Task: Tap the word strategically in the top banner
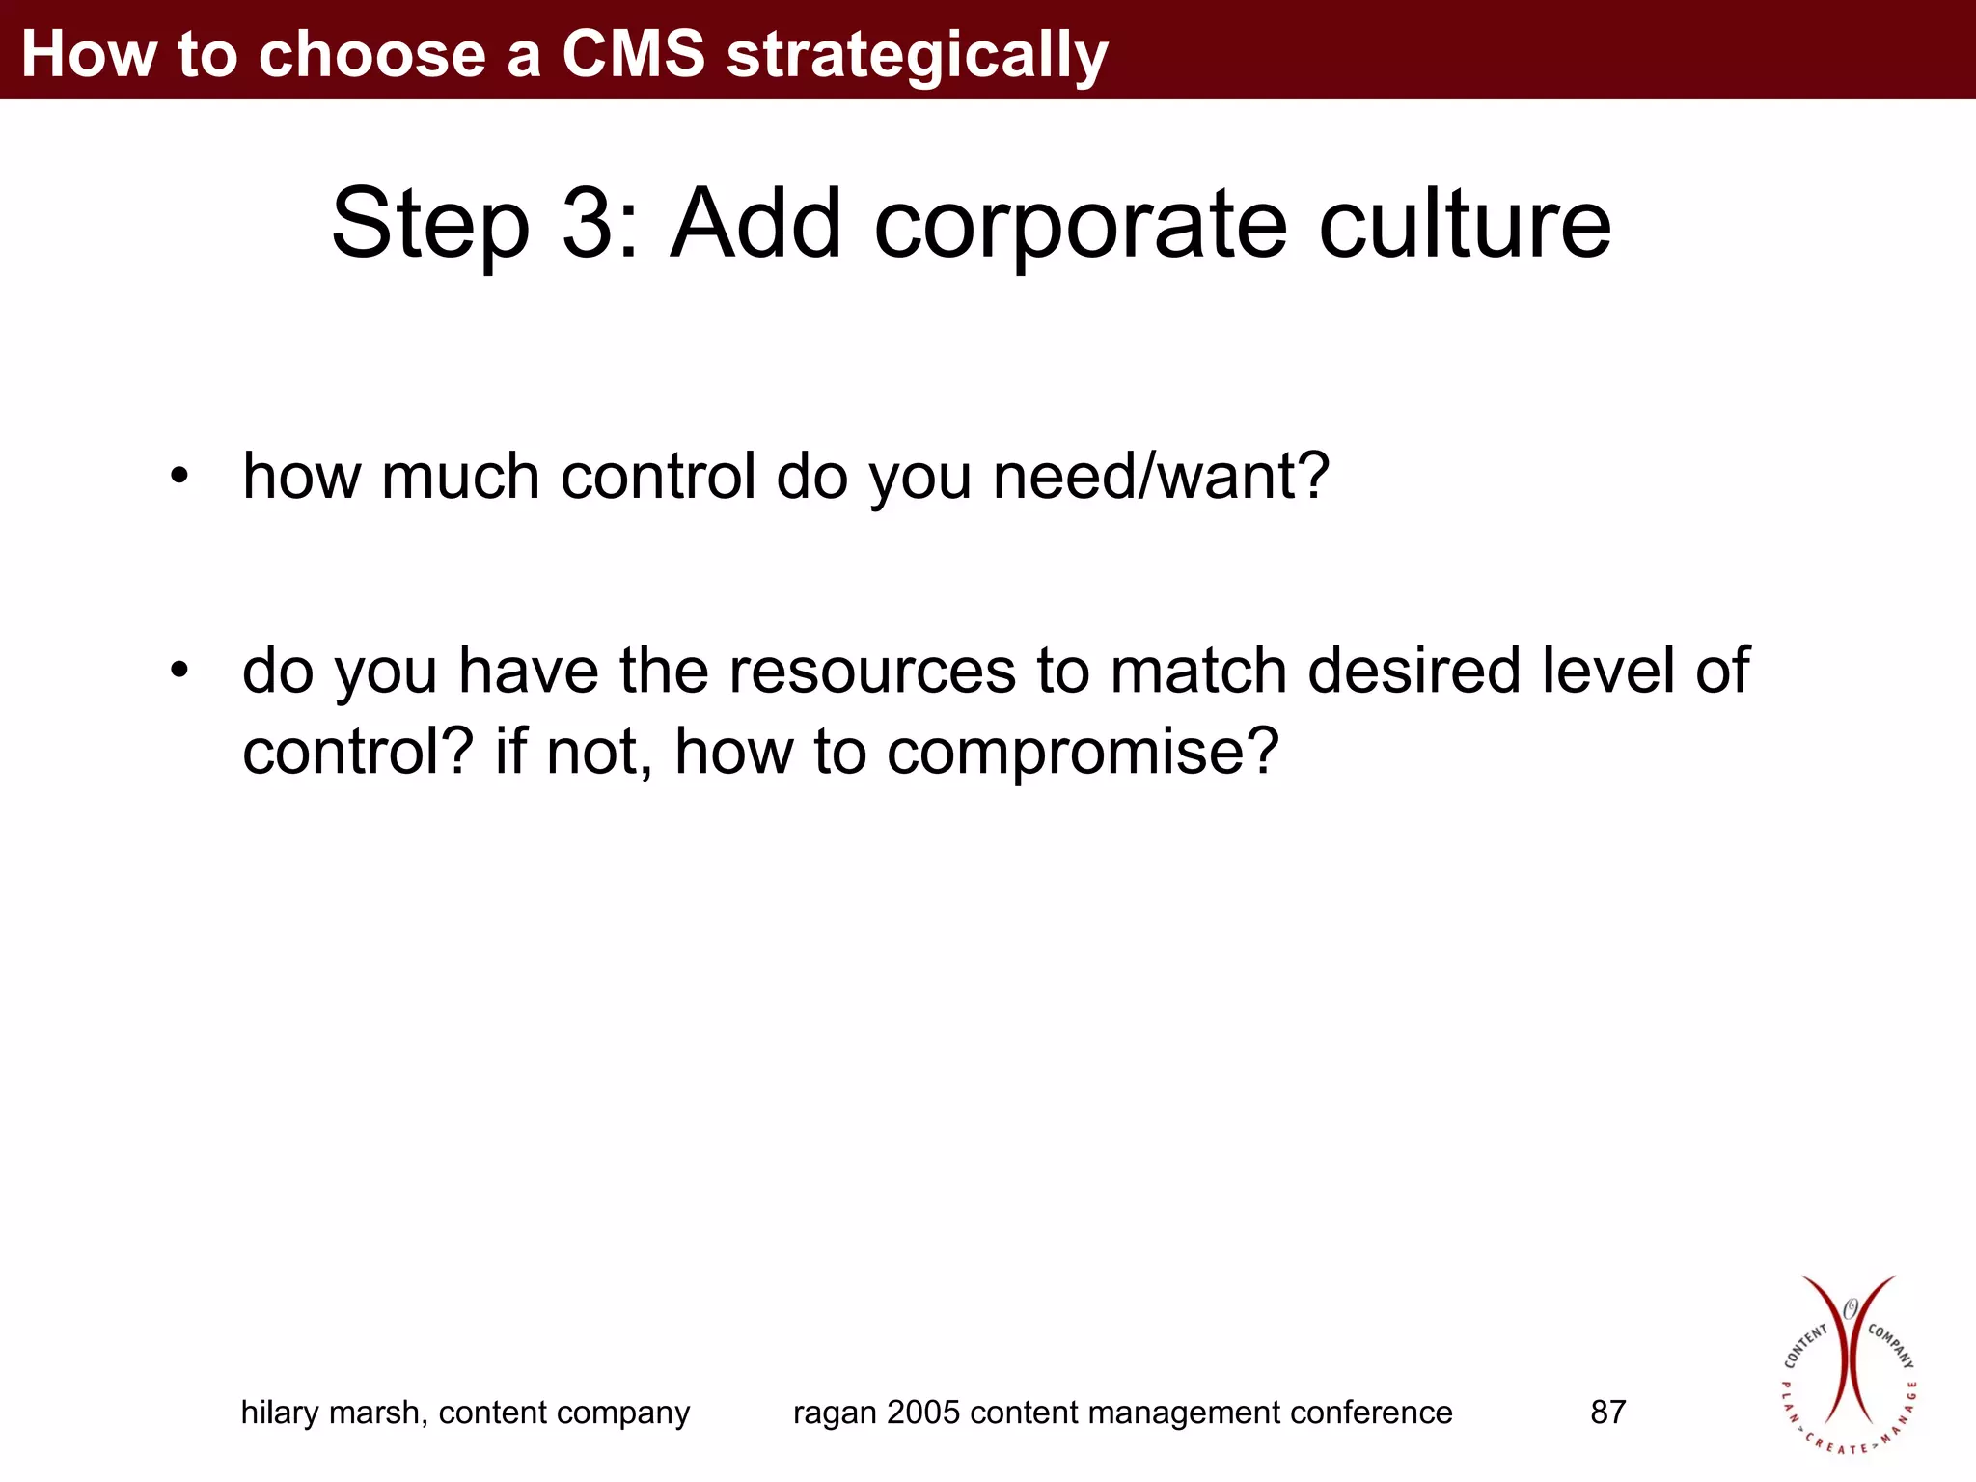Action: tap(917, 56)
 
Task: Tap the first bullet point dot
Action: tap(179, 477)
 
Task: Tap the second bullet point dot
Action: tap(179, 670)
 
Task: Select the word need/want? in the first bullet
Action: tap(1162, 477)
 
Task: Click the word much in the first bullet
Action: tap(459, 477)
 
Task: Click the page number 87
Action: tap(1607, 1413)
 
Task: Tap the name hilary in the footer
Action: tap(279, 1413)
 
